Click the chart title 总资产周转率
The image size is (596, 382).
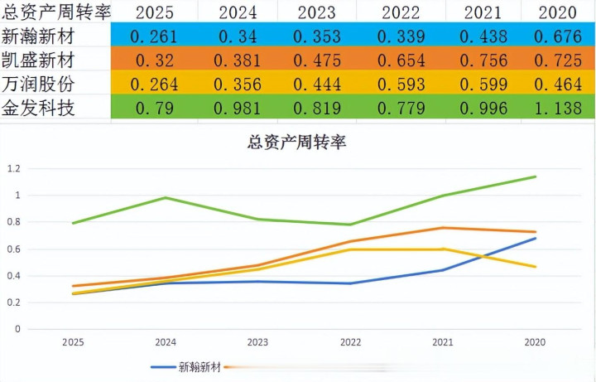[296, 142]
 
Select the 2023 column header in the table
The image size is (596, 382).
[316, 12]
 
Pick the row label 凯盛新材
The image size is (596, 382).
[39, 60]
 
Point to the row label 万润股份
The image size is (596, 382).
[39, 84]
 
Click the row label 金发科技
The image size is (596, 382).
[39, 109]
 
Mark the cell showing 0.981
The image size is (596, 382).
[236, 109]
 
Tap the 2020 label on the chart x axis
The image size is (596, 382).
[535, 341]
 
